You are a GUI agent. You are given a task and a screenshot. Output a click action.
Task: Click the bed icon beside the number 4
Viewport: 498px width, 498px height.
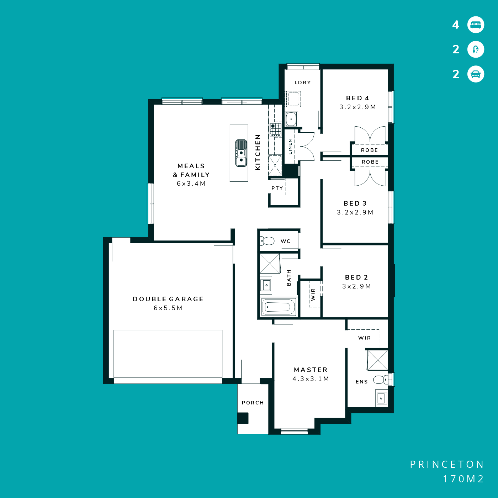(476, 25)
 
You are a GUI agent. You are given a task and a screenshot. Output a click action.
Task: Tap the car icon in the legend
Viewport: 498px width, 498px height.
(476, 74)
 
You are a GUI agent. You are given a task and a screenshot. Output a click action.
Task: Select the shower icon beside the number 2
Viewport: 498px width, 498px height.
(476, 49)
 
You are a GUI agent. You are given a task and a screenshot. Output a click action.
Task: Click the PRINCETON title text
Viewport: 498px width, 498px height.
(447, 465)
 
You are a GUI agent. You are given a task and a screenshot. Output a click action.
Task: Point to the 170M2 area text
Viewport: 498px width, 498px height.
(463, 479)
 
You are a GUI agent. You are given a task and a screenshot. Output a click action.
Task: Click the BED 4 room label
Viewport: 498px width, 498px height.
(357, 98)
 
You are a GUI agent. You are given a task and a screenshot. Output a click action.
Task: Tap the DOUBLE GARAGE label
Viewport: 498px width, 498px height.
(168, 299)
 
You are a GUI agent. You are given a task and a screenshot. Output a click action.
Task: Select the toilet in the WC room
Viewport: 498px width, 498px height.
(267, 241)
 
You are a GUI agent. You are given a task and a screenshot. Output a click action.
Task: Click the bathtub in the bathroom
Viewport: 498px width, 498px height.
(279, 307)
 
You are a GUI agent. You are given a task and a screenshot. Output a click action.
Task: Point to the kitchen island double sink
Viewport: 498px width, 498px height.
(241, 153)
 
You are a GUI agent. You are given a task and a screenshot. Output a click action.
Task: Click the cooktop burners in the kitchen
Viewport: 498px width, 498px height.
(275, 129)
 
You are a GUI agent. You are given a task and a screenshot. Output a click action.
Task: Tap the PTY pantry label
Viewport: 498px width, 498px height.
(277, 188)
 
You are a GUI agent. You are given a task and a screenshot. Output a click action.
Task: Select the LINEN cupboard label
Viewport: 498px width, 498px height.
(290, 147)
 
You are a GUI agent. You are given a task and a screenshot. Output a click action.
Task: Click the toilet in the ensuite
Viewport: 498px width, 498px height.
(381, 380)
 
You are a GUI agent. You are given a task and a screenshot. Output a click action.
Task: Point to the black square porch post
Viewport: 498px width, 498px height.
(243, 418)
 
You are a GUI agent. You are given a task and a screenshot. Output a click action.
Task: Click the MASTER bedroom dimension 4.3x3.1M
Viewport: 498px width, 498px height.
(311, 379)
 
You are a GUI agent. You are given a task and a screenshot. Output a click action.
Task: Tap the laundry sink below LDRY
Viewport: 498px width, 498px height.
(292, 119)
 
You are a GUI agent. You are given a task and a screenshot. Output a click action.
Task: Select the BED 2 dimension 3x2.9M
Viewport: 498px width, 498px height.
(357, 286)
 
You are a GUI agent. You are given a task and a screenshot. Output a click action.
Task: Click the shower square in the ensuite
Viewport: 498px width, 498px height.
(377, 360)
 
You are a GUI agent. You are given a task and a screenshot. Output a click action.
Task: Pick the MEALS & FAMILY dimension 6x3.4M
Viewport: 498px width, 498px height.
(191, 184)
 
